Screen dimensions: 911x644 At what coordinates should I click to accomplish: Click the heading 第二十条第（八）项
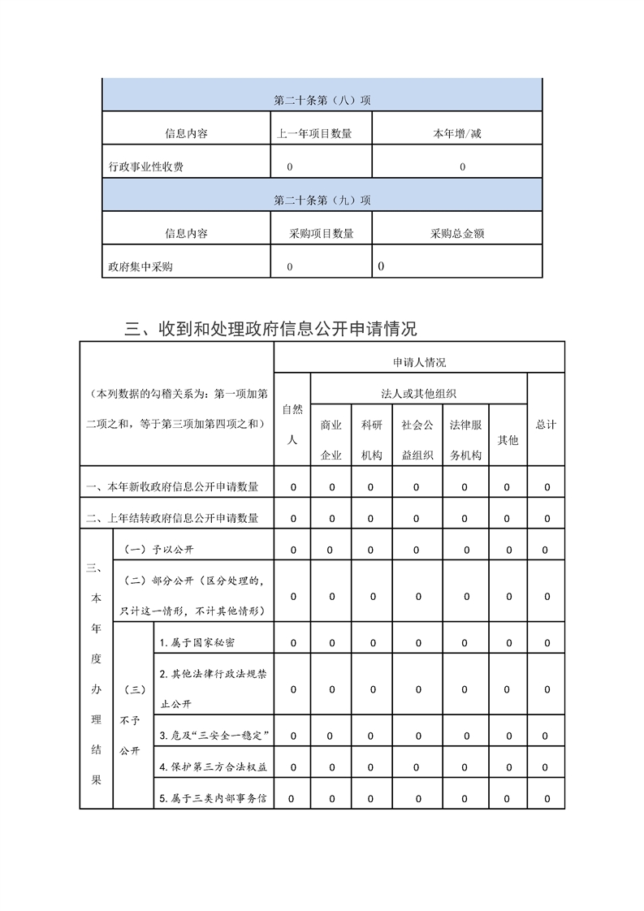pos(322,101)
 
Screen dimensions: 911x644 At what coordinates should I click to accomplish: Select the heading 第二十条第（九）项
pos(322,200)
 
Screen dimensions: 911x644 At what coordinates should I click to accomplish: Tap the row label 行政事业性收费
pos(146,167)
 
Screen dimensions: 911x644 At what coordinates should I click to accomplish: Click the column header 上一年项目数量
pos(314,134)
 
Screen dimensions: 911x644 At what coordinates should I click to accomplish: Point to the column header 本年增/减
pos(456,134)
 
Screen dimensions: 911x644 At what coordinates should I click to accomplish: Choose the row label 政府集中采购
pos(140,266)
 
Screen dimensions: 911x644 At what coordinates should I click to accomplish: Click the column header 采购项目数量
pos(322,234)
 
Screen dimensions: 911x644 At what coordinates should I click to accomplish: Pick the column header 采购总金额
pos(457,234)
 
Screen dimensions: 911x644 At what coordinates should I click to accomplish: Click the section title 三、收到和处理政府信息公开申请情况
pos(271,329)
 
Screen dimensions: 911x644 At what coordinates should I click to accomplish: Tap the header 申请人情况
pos(419,362)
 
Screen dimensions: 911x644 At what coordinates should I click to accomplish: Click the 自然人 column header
pos(292,425)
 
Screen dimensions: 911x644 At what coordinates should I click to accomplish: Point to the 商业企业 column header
pos(331,440)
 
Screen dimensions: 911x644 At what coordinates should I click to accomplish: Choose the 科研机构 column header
pos(372,440)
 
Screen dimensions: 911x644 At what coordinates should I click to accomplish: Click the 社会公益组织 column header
pos(417,440)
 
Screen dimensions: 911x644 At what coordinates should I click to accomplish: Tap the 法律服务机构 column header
pos(466,440)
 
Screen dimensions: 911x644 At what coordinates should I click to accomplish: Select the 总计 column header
pos(546,425)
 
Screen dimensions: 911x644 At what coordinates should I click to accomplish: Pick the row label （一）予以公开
pos(160,550)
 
